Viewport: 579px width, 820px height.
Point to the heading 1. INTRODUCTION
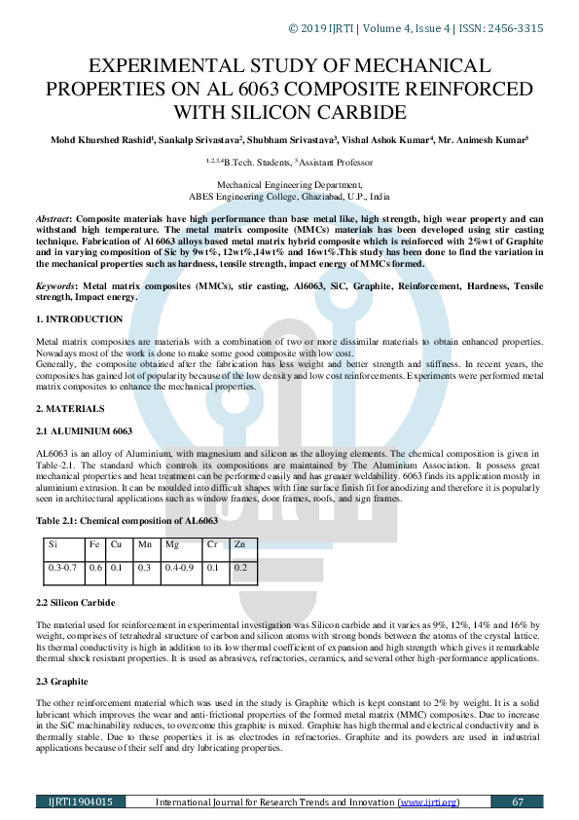[79, 319]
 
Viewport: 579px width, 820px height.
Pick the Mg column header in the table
[172, 543]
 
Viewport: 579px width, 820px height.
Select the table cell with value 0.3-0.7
[61, 566]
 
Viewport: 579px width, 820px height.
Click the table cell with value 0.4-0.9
[181, 566]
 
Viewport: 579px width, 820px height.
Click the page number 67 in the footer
[518, 801]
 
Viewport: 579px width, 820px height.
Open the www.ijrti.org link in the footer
[428, 801]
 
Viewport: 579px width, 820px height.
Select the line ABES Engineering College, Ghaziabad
[289, 195]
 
